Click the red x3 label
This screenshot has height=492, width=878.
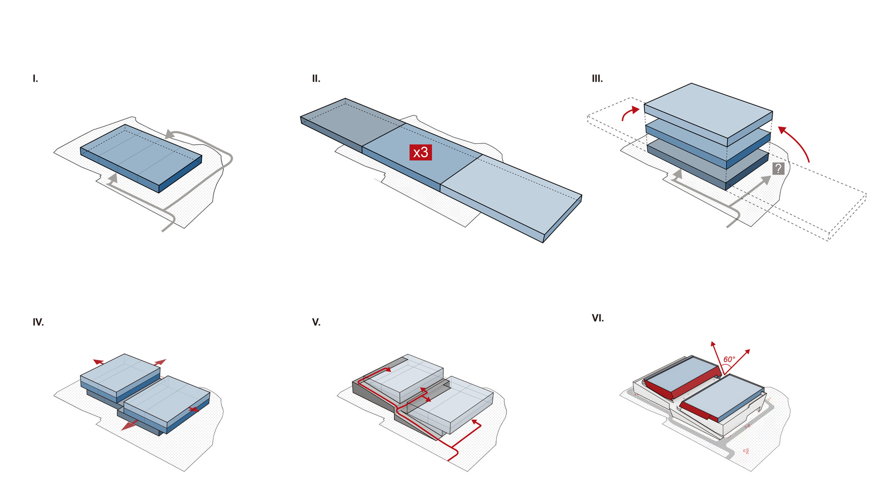[x=421, y=153]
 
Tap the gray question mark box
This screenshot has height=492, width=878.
[x=778, y=169]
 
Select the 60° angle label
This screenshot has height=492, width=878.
[x=729, y=359]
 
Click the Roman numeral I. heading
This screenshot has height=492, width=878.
[x=36, y=79]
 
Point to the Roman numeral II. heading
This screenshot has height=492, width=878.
[x=316, y=79]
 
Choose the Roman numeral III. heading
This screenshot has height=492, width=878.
[x=597, y=79]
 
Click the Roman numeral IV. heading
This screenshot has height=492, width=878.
[x=38, y=322]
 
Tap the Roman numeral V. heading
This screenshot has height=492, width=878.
[x=316, y=322]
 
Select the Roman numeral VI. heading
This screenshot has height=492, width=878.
[x=598, y=318]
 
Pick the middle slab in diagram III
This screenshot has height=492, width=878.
[x=708, y=145]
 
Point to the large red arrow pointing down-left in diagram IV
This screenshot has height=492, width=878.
[x=129, y=425]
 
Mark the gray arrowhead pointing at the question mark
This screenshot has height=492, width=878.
[x=765, y=180]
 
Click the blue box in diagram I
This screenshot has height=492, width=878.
[x=141, y=158]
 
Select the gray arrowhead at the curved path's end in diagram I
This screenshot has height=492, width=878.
[x=169, y=134]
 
